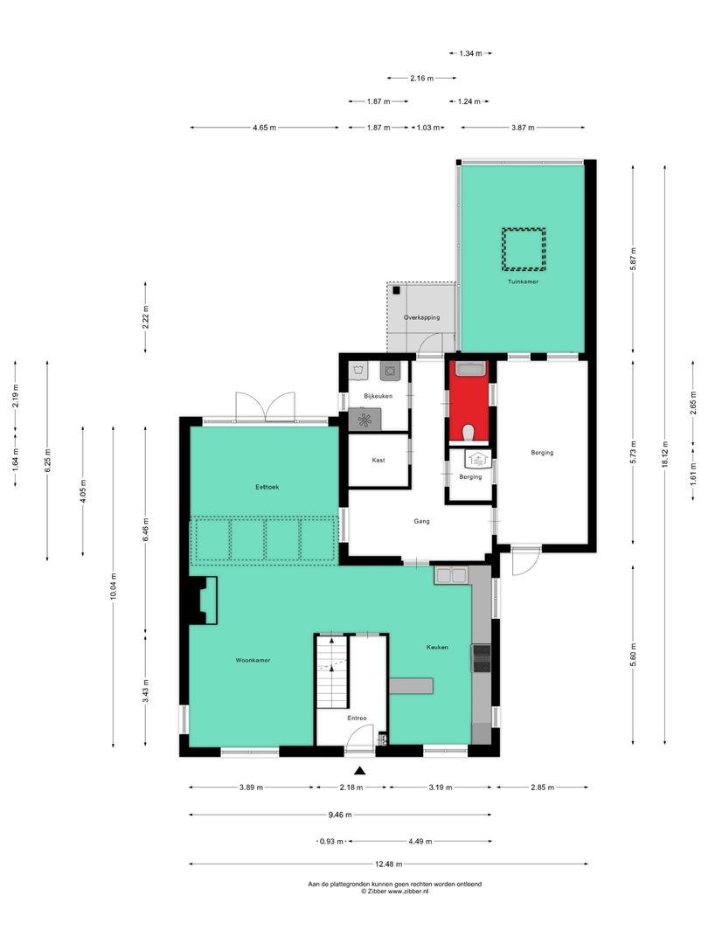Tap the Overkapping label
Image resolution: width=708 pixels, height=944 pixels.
pyautogui.click(x=421, y=317)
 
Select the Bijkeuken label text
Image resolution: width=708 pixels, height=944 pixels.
pyautogui.click(x=378, y=396)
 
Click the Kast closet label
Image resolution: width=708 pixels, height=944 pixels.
pyautogui.click(x=378, y=460)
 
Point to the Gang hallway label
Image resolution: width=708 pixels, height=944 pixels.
pyautogui.click(x=421, y=521)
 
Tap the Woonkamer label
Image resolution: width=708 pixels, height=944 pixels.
pyautogui.click(x=252, y=660)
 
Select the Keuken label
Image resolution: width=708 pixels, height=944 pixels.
pyautogui.click(x=437, y=647)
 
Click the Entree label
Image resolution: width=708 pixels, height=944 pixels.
pyautogui.click(x=356, y=718)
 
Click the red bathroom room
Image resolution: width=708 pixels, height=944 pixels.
pyautogui.click(x=469, y=402)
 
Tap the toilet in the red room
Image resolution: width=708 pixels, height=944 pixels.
pyautogui.click(x=469, y=431)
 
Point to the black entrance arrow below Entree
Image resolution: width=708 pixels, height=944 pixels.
pyautogui.click(x=358, y=770)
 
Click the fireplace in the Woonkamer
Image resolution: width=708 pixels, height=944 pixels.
pyautogui.click(x=205, y=600)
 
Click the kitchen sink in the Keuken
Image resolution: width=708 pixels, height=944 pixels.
pyautogui.click(x=452, y=575)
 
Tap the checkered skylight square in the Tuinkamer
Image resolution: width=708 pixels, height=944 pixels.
pyautogui.click(x=523, y=248)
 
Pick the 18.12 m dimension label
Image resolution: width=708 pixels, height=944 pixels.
pyautogui.click(x=664, y=454)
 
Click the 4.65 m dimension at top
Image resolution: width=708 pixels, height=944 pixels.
pyautogui.click(x=264, y=128)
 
